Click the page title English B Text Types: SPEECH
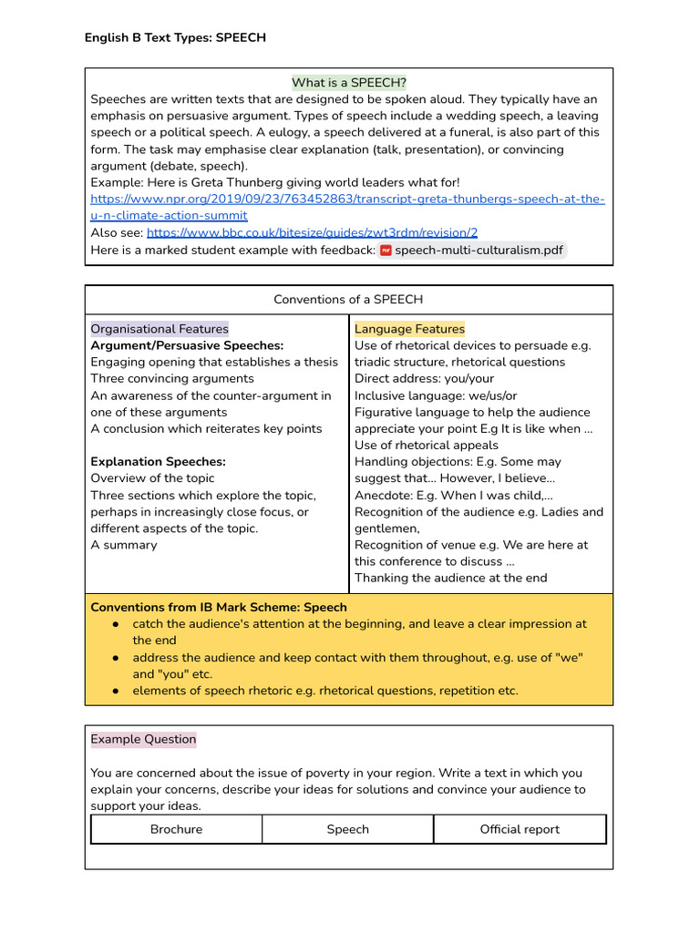tap(175, 37)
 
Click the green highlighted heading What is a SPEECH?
tap(349, 83)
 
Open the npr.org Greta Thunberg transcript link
tap(347, 200)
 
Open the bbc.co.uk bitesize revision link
tap(312, 232)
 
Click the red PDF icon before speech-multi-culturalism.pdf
tap(386, 250)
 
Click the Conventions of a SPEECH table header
tap(348, 300)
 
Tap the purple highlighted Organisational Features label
tap(160, 329)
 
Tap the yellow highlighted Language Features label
tap(409, 329)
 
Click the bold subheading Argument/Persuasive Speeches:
tap(187, 345)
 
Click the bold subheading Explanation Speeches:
tap(158, 462)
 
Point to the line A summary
tap(124, 545)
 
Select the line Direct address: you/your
tap(424, 379)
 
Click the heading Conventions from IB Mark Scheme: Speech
tap(219, 608)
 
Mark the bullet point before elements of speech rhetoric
tap(116, 691)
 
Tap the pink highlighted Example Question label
tap(143, 740)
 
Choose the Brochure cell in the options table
tap(177, 829)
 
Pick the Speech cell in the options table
tap(348, 829)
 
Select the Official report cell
tap(520, 829)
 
